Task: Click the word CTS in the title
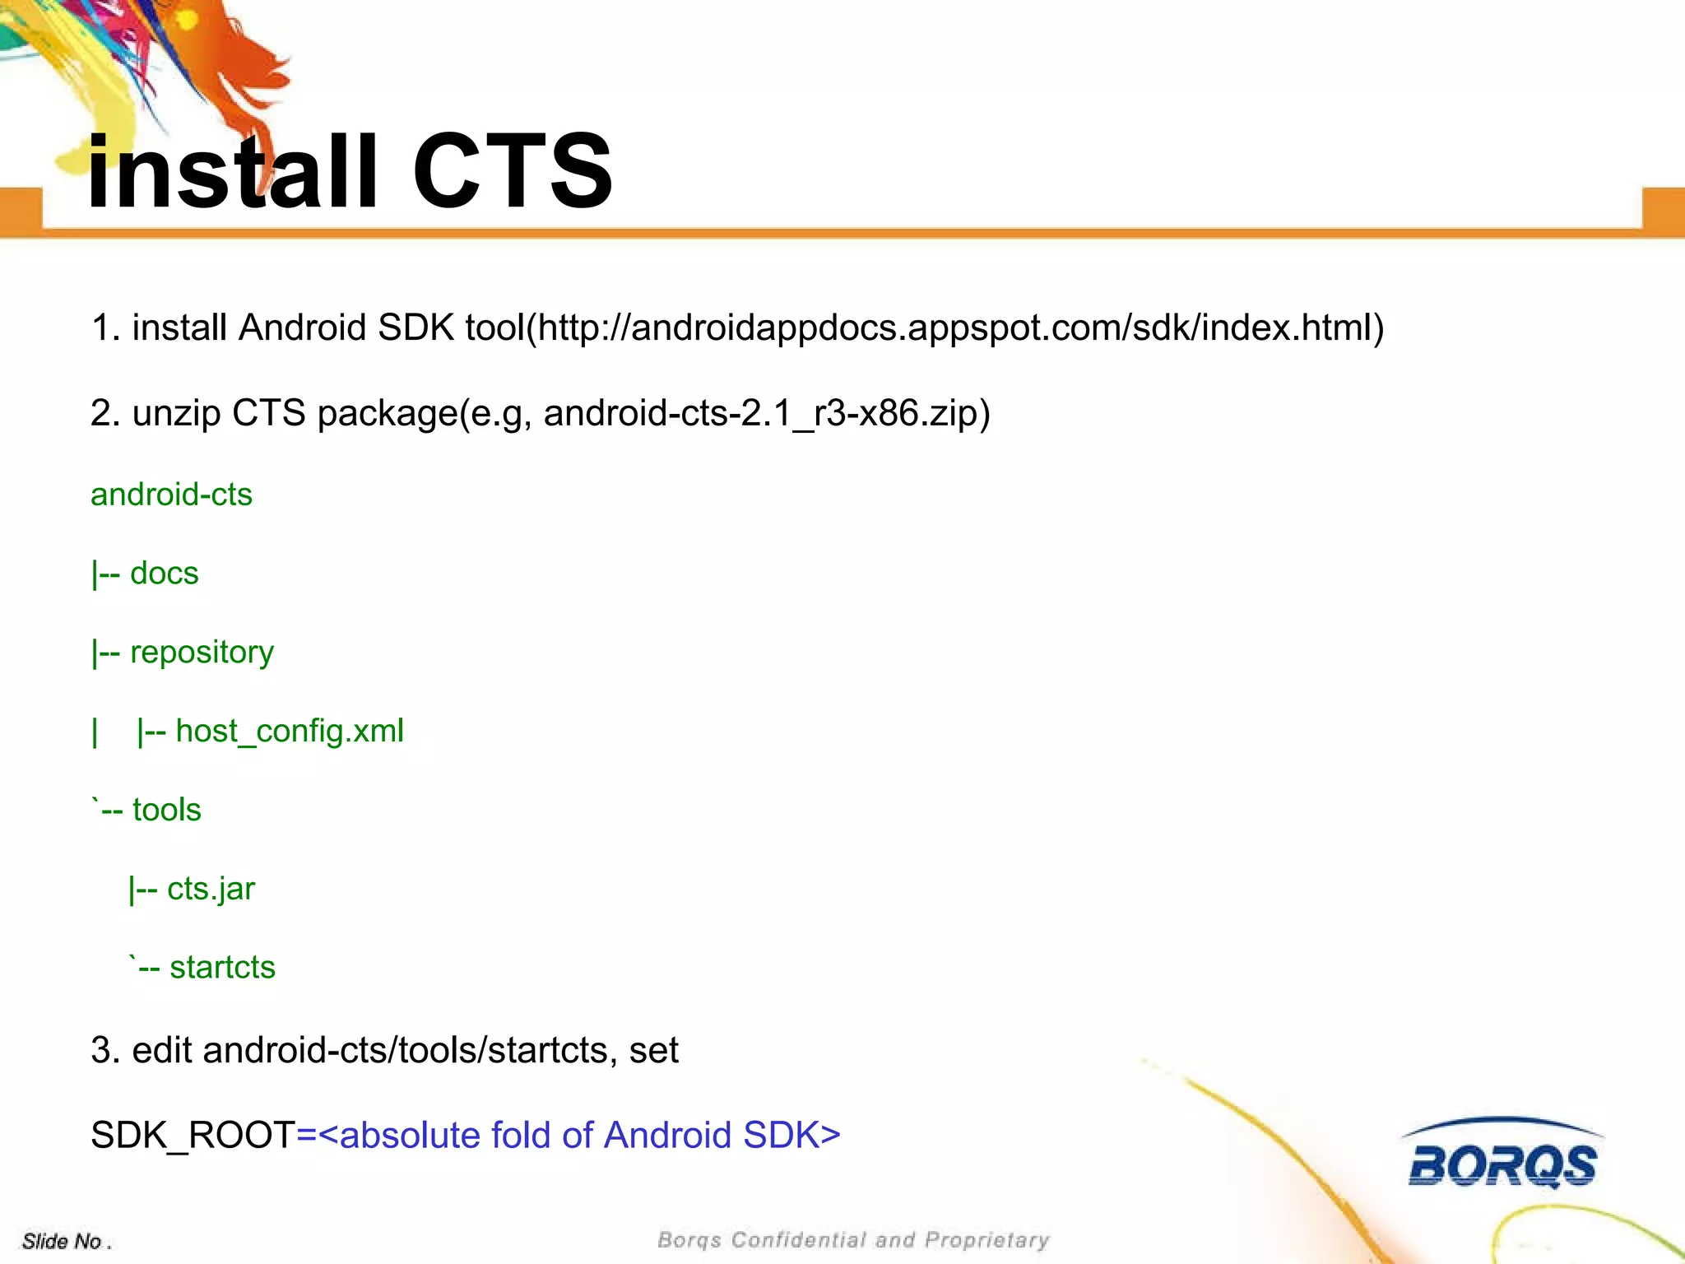(512, 171)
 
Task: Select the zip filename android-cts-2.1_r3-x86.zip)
(767, 413)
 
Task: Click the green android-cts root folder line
(171, 495)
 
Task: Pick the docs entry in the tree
(164, 574)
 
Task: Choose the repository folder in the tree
(202, 653)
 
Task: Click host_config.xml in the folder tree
(290, 732)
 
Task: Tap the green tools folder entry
(166, 810)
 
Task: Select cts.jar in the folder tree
(211, 890)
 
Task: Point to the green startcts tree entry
(222, 968)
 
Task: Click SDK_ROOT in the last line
(193, 1136)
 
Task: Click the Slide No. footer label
(66, 1241)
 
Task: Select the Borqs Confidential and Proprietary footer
(853, 1240)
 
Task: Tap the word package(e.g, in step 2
(425, 413)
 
